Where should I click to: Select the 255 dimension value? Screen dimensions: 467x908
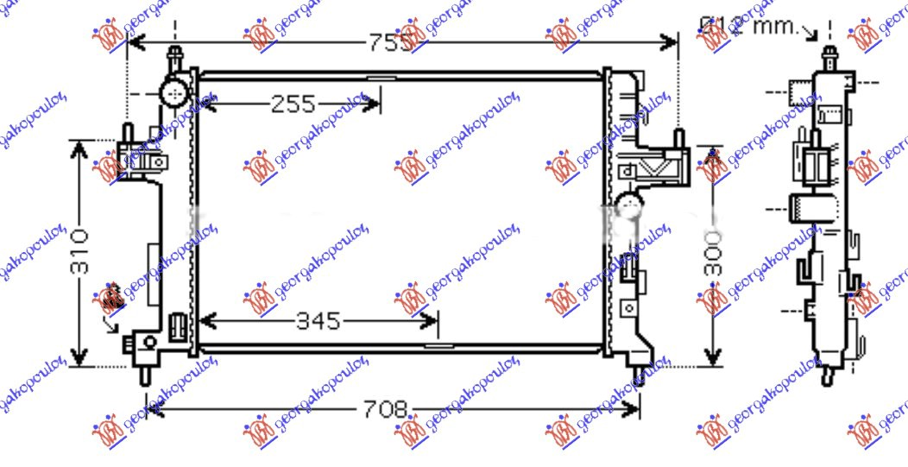click(x=293, y=105)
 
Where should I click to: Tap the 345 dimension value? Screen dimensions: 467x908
click(x=318, y=323)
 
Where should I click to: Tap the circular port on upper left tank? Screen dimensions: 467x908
click(x=176, y=92)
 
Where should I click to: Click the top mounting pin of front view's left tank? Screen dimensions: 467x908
click(x=175, y=58)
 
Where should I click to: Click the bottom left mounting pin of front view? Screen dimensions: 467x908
click(x=145, y=375)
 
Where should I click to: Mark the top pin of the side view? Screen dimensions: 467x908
click(x=828, y=58)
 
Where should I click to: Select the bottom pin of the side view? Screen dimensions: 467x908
click(x=828, y=375)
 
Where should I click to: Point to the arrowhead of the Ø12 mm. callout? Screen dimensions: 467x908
click(x=812, y=35)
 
